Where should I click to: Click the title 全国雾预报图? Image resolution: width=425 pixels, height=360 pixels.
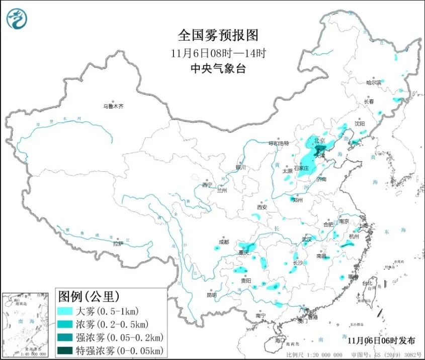tap(218, 35)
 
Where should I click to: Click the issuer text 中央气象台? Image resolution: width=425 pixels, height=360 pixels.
tap(218, 69)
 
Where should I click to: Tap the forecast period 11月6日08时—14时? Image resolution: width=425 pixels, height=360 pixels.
tap(218, 53)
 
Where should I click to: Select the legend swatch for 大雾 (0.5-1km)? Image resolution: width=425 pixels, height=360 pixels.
tap(66, 310)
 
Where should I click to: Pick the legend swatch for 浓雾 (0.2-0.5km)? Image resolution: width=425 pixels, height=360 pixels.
tap(66, 323)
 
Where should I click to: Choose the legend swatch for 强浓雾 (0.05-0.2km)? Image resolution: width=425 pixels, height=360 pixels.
tap(66, 336)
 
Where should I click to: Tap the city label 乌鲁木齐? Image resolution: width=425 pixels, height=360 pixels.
tap(113, 106)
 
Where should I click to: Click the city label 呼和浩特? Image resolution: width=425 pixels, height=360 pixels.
tap(279, 143)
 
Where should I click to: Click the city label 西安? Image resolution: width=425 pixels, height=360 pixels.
tap(261, 207)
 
